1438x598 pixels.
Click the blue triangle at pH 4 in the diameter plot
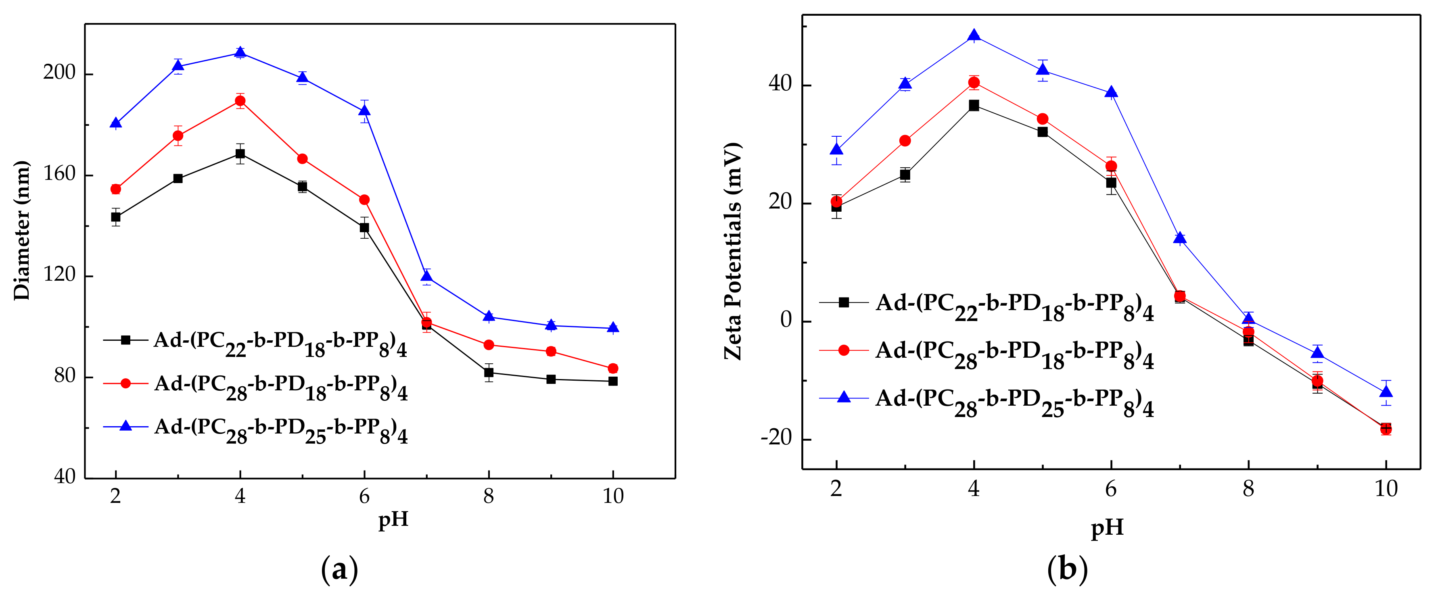(x=240, y=53)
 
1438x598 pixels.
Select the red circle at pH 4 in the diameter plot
(x=240, y=101)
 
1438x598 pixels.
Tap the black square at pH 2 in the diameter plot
(x=115, y=217)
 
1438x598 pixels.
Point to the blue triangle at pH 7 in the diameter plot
(x=426, y=276)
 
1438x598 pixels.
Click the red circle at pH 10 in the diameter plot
(x=613, y=368)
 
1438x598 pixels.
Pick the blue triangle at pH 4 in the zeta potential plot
(x=974, y=36)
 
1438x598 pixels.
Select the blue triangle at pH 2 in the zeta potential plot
(x=836, y=150)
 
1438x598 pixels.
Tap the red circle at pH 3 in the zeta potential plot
(x=905, y=141)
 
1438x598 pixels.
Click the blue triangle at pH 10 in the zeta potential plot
(x=1386, y=392)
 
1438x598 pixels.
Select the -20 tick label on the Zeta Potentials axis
(x=776, y=438)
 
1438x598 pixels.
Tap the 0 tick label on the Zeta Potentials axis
(x=786, y=320)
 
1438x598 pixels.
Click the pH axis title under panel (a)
(x=393, y=519)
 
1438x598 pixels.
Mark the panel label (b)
(x=1067, y=569)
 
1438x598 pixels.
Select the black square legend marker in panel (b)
(x=844, y=302)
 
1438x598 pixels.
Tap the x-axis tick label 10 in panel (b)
(x=1386, y=489)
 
